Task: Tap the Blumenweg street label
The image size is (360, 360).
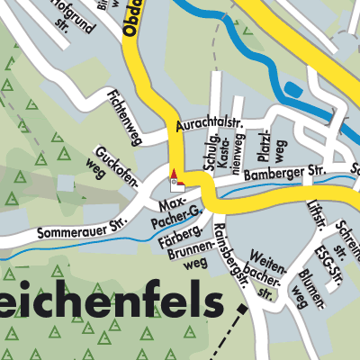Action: [x=308, y=287]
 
